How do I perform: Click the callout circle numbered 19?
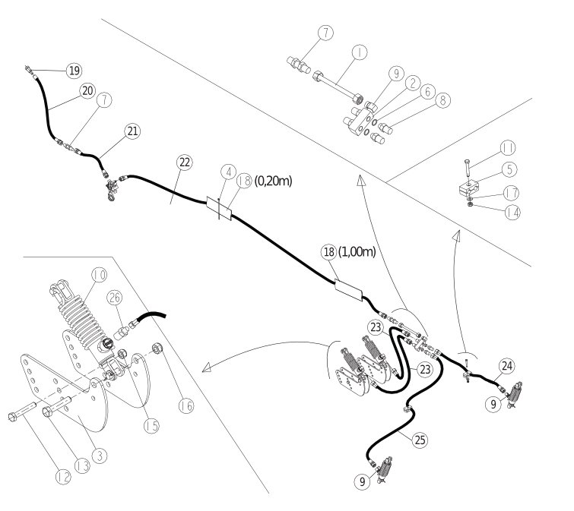(74, 71)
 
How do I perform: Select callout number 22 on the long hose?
(185, 162)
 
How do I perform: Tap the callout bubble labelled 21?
(132, 131)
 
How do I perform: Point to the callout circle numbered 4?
(229, 172)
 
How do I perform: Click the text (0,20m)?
(274, 181)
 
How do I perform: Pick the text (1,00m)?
(357, 251)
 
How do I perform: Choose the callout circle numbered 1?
(360, 52)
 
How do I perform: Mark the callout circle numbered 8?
(442, 100)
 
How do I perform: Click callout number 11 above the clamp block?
(508, 148)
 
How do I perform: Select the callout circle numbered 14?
(512, 213)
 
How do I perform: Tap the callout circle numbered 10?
(99, 275)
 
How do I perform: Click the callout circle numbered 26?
(115, 298)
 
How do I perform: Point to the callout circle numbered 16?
(186, 405)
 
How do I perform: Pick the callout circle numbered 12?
(63, 477)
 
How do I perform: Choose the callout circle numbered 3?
(100, 456)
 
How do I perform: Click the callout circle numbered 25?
(420, 440)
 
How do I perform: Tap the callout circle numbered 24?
(507, 366)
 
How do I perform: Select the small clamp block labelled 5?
(468, 189)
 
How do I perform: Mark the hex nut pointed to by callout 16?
(157, 349)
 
